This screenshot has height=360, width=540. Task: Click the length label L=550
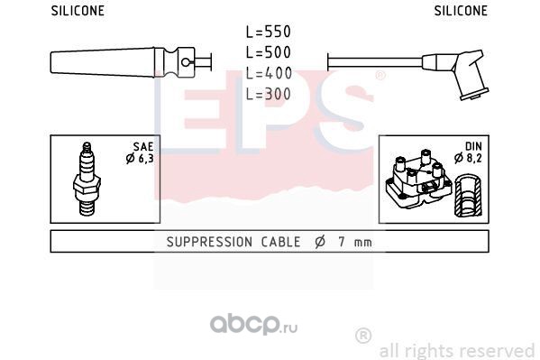[269, 32]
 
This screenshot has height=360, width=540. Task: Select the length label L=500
[269, 52]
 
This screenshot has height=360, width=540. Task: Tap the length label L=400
[269, 73]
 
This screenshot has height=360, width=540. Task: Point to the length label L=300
[269, 94]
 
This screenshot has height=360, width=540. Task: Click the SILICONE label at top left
[78, 11]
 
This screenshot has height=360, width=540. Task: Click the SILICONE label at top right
[461, 11]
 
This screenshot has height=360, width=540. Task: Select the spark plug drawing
[87, 179]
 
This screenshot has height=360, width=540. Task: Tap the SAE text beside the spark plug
[143, 146]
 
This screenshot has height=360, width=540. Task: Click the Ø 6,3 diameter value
[140, 159]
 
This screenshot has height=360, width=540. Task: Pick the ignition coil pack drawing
[418, 180]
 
